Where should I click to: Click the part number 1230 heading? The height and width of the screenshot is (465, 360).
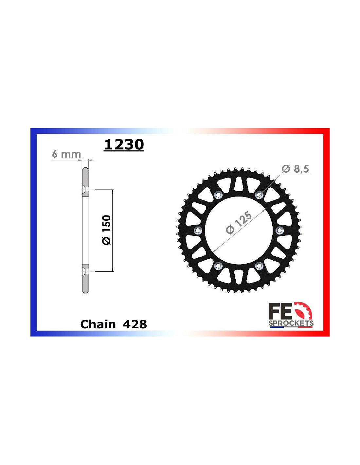[124, 145]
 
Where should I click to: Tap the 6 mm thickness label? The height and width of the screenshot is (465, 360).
[66, 154]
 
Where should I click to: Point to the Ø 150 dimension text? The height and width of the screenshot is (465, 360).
[106, 230]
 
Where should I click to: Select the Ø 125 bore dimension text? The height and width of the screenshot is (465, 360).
[239, 223]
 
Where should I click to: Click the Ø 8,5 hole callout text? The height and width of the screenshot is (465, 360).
[295, 169]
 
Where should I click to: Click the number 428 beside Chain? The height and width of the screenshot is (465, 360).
[135, 324]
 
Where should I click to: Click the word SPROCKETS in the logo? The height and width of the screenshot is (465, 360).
[291, 323]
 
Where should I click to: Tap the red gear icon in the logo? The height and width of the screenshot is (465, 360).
[303, 311]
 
